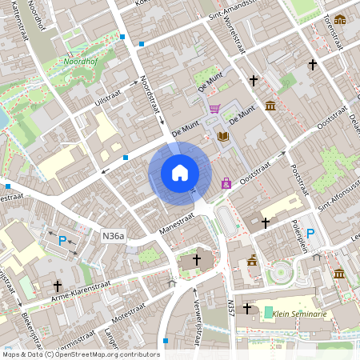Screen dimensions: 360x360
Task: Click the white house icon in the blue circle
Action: point(180,173)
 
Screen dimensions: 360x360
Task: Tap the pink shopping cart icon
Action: point(214,108)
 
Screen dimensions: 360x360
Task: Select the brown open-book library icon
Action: point(223,137)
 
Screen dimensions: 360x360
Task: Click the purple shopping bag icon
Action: point(226,183)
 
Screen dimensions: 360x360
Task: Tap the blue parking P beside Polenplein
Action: point(311,233)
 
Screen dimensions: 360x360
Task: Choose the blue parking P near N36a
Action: point(62,239)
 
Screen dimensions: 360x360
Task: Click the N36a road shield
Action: point(114,235)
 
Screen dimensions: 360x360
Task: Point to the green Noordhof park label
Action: point(81,60)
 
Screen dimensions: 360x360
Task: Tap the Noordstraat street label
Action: point(146,94)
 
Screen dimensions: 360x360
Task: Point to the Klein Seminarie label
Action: point(301,314)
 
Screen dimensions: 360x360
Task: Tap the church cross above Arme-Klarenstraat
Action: point(58,285)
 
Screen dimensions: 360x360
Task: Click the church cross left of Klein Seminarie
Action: point(247,308)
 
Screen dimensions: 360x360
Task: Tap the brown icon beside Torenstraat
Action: point(340,20)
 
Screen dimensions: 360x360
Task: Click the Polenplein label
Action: point(294,230)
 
